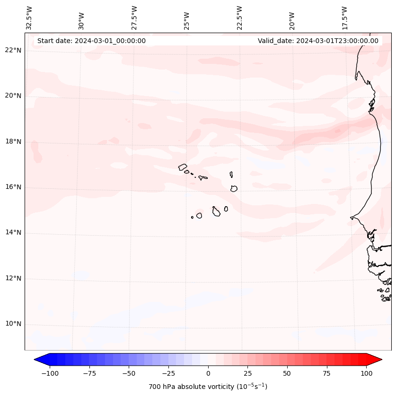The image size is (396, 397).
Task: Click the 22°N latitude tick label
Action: tap(13, 50)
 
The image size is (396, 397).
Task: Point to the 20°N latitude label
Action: tap(13, 96)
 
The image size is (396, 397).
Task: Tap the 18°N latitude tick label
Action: tap(13, 141)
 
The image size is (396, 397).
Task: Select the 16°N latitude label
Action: tap(13, 187)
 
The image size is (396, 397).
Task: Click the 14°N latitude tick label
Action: tap(13, 232)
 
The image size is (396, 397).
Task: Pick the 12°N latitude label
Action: tap(13, 278)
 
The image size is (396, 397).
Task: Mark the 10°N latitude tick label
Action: tap(13, 324)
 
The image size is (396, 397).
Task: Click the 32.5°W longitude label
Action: tap(29, 18)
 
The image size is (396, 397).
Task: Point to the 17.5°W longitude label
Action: tap(344, 18)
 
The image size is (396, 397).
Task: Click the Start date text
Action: tap(91, 41)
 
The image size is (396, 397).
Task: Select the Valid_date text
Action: tap(318, 41)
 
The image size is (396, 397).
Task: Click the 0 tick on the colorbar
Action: tap(208, 373)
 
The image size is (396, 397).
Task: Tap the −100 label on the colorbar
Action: tap(50, 373)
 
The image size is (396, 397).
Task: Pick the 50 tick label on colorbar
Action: tap(287, 373)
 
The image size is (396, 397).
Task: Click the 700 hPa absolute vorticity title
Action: tap(208, 387)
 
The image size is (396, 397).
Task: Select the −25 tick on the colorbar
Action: tap(168, 373)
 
